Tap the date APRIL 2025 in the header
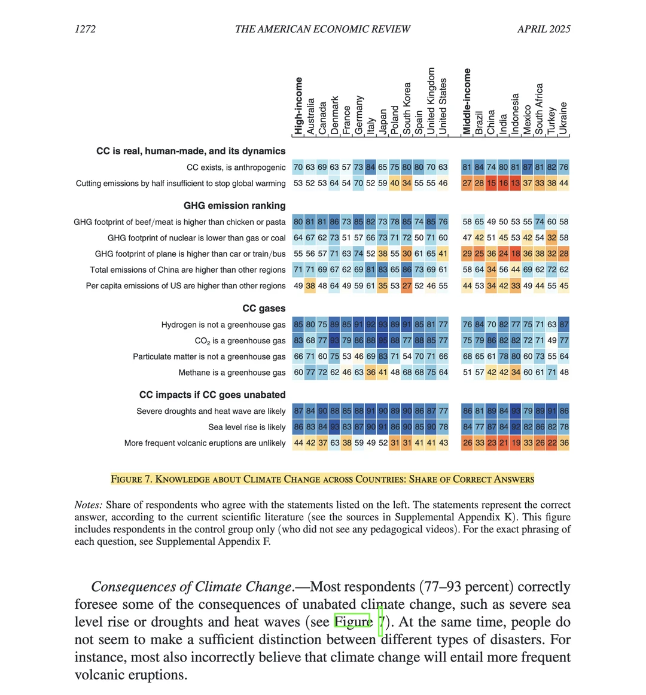coord(544,29)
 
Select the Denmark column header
coord(334,115)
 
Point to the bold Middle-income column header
coord(467,101)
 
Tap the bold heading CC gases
coord(264,308)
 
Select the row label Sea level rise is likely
coord(247,427)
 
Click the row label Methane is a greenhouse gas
coord(232,373)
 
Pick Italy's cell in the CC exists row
coord(370,167)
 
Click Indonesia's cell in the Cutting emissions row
coord(515,183)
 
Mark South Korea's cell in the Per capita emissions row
coord(407,286)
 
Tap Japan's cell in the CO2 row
coord(383,341)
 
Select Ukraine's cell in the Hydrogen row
coord(563,325)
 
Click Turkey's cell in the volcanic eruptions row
coord(551,443)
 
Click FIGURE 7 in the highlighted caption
coord(132,479)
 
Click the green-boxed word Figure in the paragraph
coord(353,622)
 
